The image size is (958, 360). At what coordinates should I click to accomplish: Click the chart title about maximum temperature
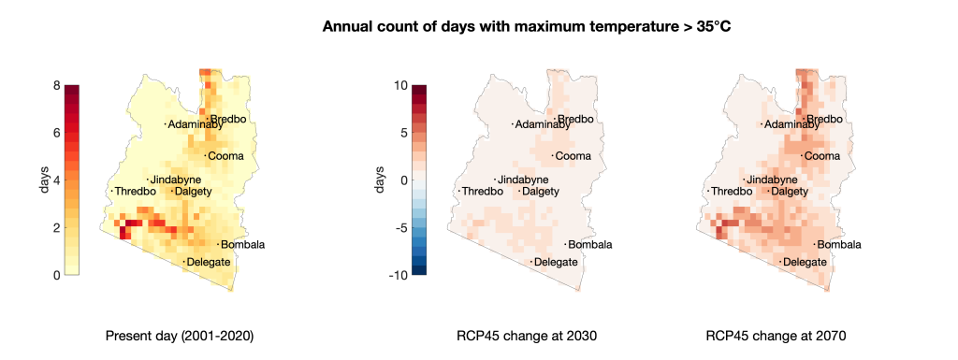pos(522,27)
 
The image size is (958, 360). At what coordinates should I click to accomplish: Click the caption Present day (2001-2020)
pos(180,337)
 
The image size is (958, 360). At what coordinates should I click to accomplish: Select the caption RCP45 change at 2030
pos(526,337)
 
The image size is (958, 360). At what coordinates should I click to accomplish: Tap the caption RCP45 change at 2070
pos(776,337)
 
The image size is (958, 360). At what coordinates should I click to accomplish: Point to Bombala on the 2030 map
pos(590,245)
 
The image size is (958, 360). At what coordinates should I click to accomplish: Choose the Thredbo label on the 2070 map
pos(732,192)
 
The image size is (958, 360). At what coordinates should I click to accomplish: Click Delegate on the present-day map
pos(209,263)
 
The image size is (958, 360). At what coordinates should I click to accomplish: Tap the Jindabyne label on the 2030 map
pos(523,180)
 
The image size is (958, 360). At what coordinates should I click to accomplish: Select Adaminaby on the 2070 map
pos(791,125)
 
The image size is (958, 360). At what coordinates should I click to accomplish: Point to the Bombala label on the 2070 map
pos(839,245)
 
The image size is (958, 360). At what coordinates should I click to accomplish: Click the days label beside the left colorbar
pos(44,180)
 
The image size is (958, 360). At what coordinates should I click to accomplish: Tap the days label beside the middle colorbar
pos(380,180)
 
